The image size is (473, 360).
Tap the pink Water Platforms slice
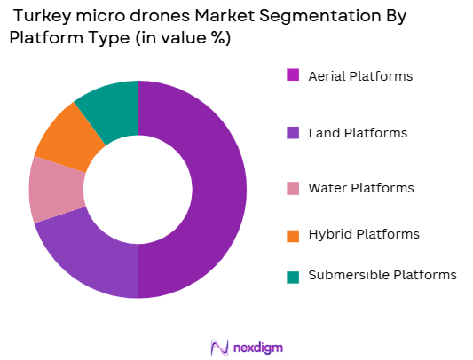pos(56,189)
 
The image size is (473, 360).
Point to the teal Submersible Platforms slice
pos(109,106)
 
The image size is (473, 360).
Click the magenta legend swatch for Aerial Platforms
pos(292,75)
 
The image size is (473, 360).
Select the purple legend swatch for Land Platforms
pos(292,132)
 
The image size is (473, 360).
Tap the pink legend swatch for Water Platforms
pos(292,188)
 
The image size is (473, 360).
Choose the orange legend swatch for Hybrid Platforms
pos(292,234)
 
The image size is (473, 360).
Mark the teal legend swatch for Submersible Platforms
pos(292,275)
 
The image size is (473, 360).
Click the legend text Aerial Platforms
pos(360,76)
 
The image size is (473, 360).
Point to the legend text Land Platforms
pos(358,133)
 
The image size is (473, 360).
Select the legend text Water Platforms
pos(360,189)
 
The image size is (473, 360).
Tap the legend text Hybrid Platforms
pos(363,235)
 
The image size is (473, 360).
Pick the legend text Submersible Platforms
pos(382,275)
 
